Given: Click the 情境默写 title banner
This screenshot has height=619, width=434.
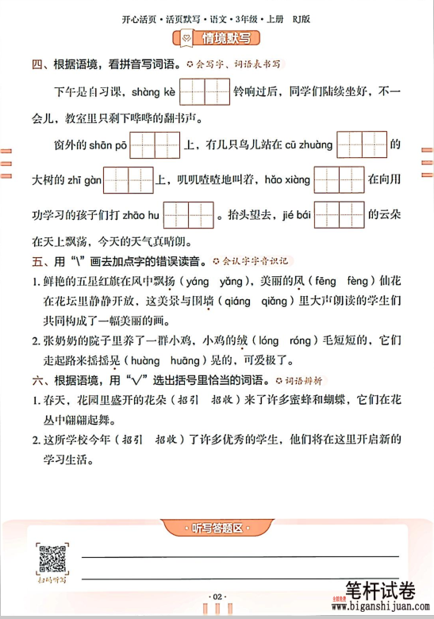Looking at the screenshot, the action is click(217, 37).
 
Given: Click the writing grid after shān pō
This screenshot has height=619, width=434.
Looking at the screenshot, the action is click(156, 145).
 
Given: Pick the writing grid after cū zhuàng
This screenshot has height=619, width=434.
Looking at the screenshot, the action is click(362, 145).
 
